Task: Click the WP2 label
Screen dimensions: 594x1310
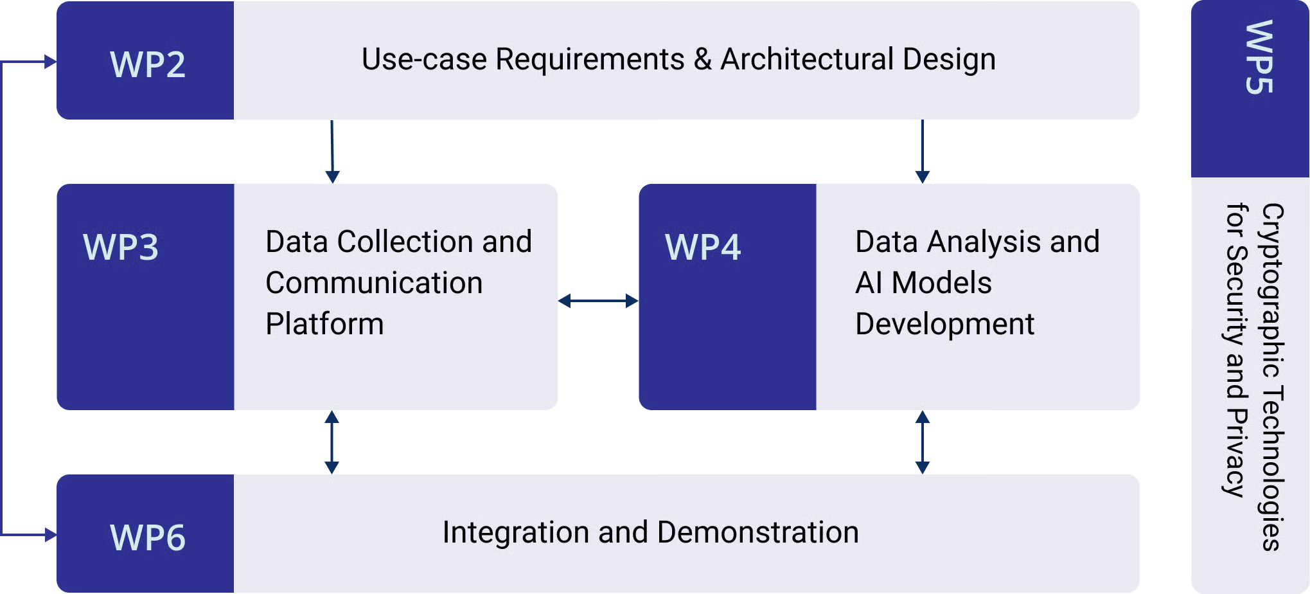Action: pos(148,64)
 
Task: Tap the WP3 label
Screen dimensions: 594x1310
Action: pos(121,247)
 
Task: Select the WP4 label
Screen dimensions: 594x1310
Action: pos(703,247)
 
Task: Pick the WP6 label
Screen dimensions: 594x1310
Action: pos(148,537)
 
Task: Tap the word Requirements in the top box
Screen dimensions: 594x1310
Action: pos(590,59)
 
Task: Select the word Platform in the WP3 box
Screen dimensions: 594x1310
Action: pos(324,323)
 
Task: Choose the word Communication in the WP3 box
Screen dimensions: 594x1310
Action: pos(374,283)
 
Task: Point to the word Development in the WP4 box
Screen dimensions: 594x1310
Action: pos(944,324)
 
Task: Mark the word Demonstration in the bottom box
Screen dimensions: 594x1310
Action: pos(758,532)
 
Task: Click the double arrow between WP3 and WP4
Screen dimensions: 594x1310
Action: pos(598,300)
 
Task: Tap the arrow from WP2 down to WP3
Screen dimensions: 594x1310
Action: pos(332,152)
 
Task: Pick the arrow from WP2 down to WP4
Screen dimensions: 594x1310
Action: pos(923,152)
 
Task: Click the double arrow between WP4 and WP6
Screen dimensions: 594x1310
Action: pos(923,442)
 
